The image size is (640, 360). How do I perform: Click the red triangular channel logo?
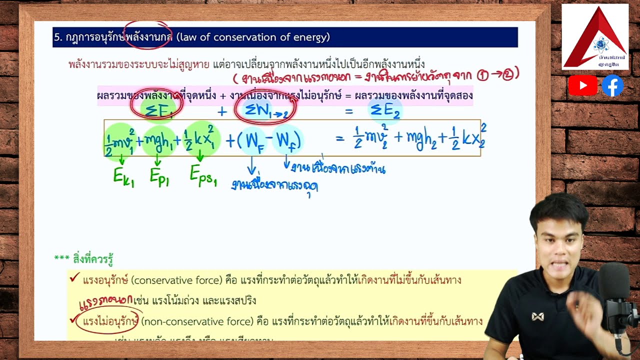click(x=595, y=37)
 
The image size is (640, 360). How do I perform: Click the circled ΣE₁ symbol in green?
click(x=157, y=110)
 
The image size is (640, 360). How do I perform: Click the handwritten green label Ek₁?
click(x=123, y=176)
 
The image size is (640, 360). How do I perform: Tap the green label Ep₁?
click(x=159, y=176)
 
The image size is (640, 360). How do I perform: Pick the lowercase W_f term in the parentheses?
click(x=287, y=140)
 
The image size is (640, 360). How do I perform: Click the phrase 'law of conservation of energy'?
click(x=253, y=37)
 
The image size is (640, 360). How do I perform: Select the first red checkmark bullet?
click(x=75, y=278)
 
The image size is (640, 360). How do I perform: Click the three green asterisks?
click(x=61, y=258)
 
